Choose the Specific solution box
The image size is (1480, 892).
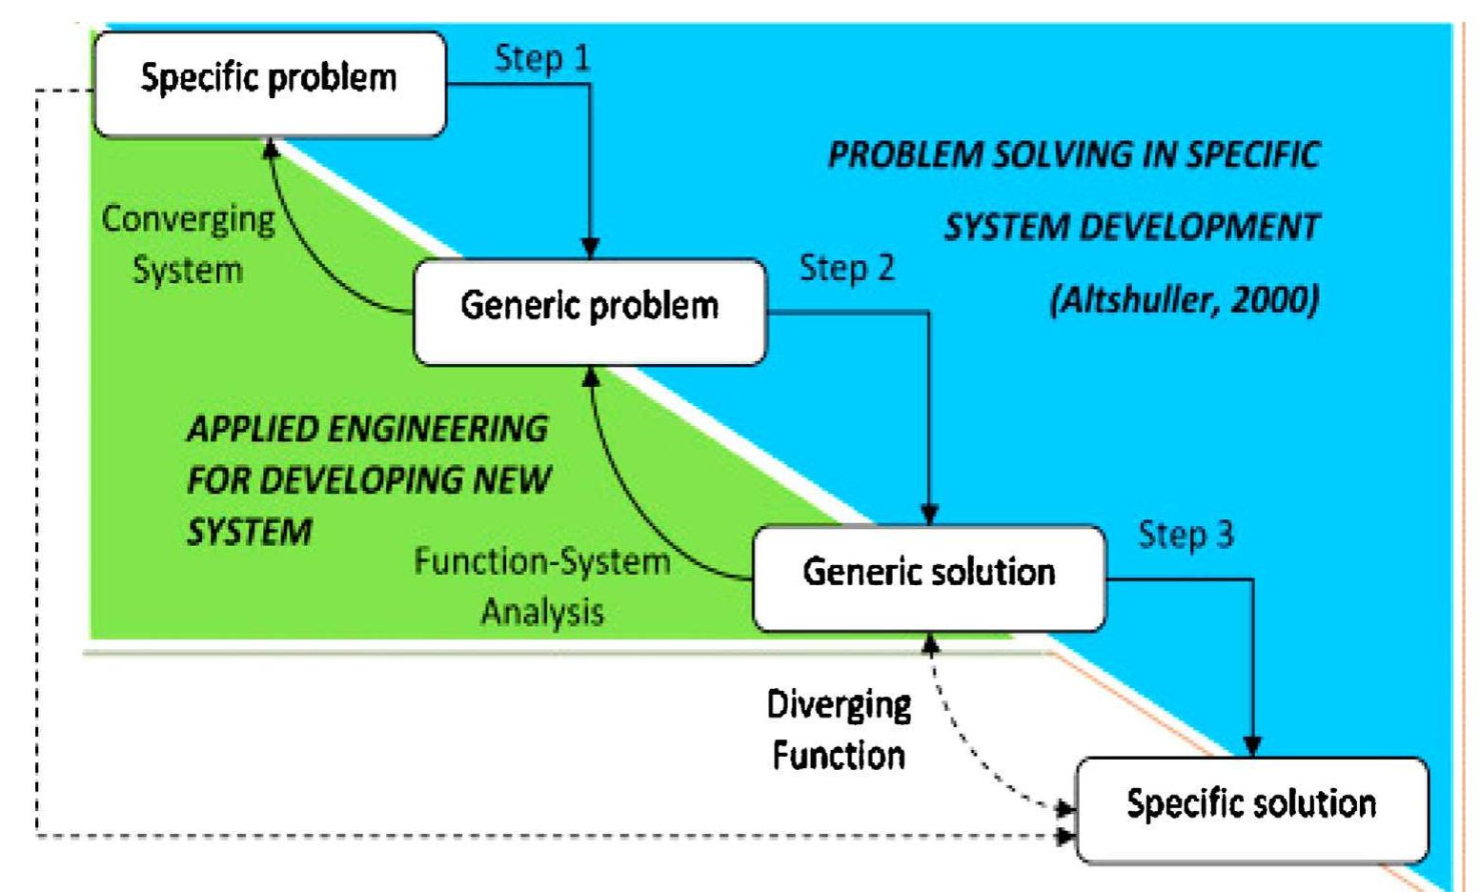[1251, 808]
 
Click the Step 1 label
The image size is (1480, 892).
[542, 59]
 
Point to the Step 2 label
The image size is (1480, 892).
[847, 269]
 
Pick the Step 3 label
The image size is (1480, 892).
[1186, 536]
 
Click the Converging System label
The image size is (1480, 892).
[188, 245]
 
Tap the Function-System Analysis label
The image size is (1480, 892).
[542, 586]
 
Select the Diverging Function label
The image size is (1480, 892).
[839, 730]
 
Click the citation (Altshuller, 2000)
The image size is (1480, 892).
[1184, 301]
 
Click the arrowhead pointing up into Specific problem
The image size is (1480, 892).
[271, 147]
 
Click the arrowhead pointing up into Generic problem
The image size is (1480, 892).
[591, 376]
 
